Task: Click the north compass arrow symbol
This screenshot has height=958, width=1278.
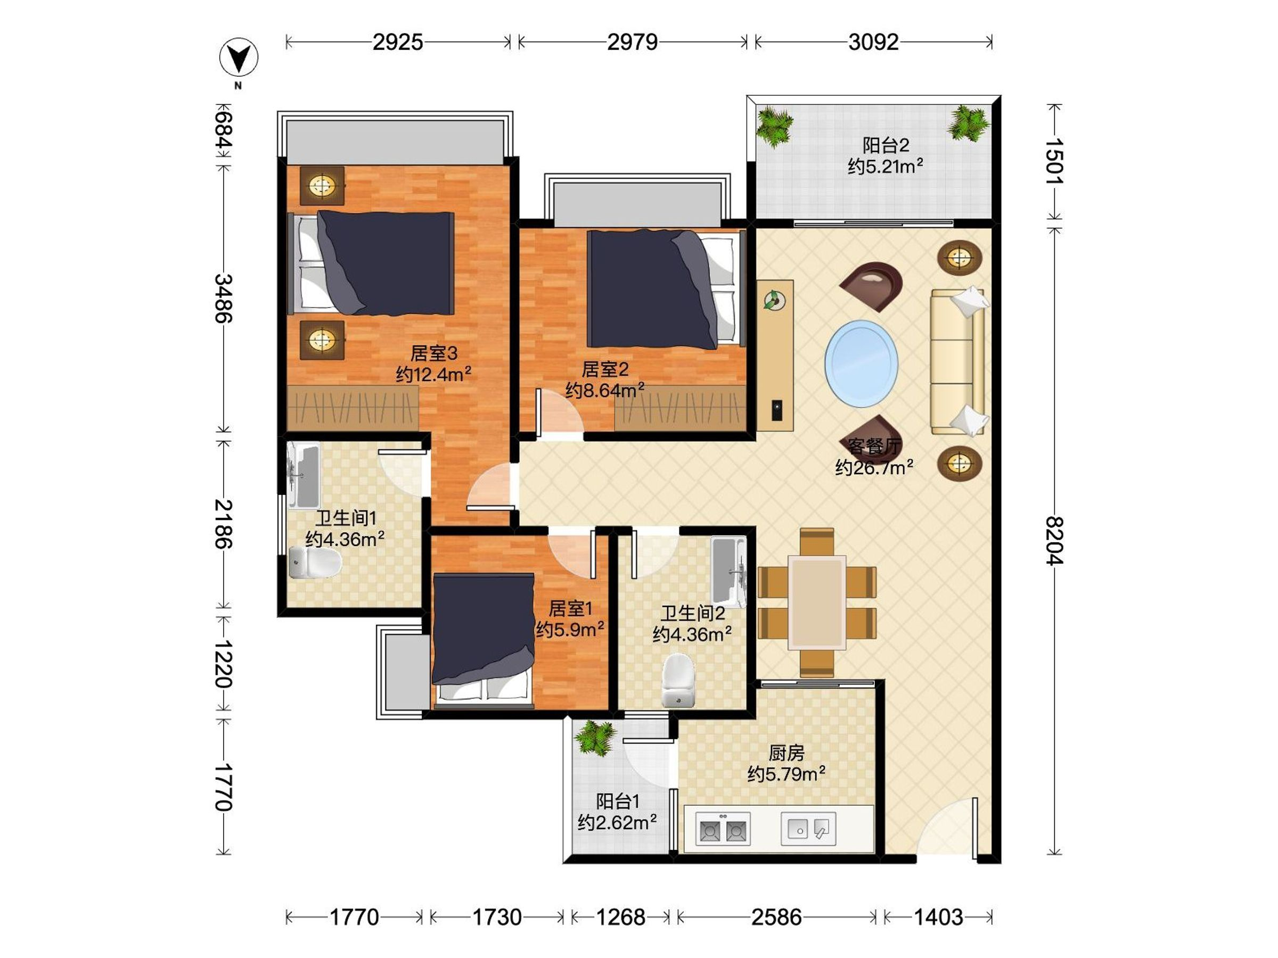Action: pos(239,57)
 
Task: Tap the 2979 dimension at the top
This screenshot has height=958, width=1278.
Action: pos(632,42)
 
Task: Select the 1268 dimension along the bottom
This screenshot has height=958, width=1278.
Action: pos(620,917)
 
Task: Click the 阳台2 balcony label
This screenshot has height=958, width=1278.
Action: pos(886,145)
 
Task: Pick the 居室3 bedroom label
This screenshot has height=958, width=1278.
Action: pos(434,353)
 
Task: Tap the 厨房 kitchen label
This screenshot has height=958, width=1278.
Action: pos(787,753)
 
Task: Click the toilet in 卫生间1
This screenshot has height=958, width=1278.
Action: pos(314,563)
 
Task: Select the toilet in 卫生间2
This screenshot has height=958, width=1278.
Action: pos(678,680)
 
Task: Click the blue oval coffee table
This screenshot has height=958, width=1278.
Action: pos(862,364)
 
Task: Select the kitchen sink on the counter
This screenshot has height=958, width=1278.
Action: pos(809,829)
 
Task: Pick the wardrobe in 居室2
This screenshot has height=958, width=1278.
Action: pos(680,408)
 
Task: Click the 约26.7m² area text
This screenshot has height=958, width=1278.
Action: pos(874,467)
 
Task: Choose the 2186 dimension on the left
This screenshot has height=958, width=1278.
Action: pos(224,524)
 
